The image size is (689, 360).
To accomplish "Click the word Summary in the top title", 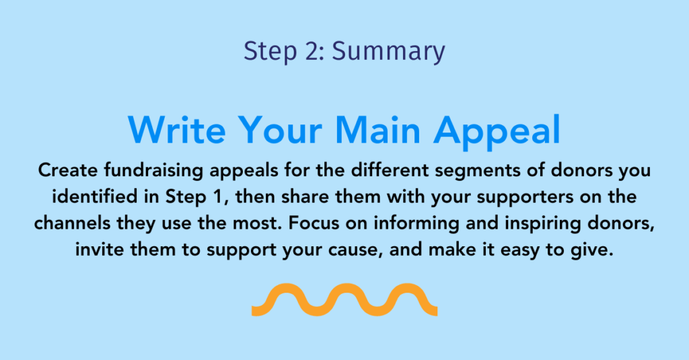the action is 388,52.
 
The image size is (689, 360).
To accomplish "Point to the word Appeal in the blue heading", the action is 497,132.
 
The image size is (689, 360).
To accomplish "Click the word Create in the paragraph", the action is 68,170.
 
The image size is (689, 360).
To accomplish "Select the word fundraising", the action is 153,171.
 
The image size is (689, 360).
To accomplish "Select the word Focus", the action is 314,223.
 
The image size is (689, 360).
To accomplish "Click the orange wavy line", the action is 344,299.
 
